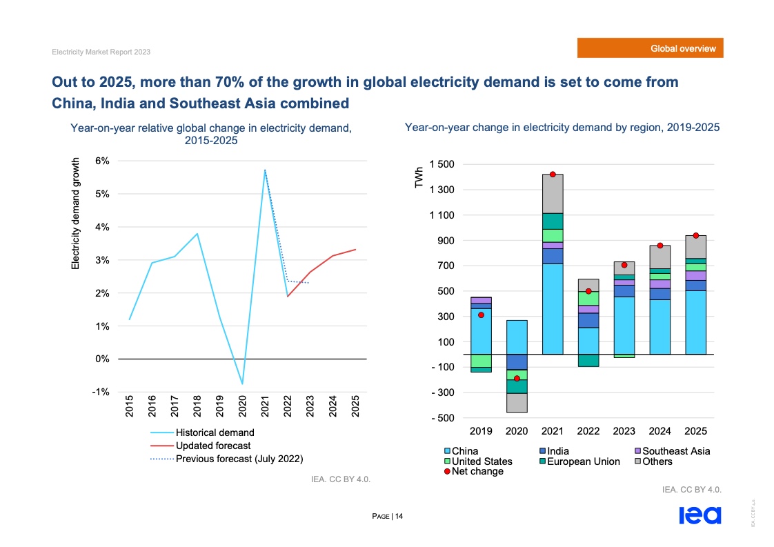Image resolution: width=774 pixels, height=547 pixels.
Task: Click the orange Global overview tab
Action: click(x=651, y=48)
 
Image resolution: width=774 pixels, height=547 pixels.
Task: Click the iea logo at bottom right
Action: click(x=699, y=515)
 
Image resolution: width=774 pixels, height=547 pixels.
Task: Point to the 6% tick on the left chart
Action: click(x=102, y=161)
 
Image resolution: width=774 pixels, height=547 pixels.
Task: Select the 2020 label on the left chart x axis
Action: click(x=243, y=407)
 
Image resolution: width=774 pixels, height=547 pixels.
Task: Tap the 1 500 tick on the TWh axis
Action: click(x=441, y=164)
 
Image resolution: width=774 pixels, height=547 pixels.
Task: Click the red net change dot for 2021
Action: click(x=553, y=175)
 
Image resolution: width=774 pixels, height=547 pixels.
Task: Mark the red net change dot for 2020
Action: click(x=517, y=379)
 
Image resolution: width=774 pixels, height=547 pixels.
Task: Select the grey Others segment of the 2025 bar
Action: click(x=695, y=247)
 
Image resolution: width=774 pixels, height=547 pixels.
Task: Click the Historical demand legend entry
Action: click(x=215, y=432)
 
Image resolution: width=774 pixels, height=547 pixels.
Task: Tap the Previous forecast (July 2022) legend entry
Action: click(x=239, y=458)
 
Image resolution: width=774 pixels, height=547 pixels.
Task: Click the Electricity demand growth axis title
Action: click(x=77, y=212)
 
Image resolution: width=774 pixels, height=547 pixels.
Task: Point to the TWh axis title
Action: click(x=419, y=177)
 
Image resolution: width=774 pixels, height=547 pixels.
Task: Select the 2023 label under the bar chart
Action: click(x=624, y=431)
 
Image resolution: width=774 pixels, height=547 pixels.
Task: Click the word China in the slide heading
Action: click(x=74, y=103)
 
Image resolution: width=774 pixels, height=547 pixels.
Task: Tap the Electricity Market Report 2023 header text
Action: click(x=101, y=52)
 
